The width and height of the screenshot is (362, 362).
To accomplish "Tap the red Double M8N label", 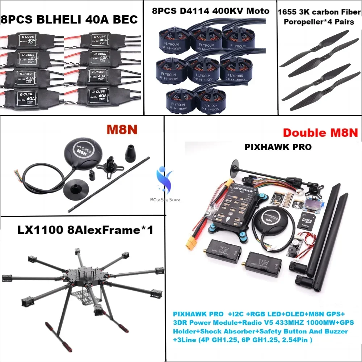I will tap(320, 132).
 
